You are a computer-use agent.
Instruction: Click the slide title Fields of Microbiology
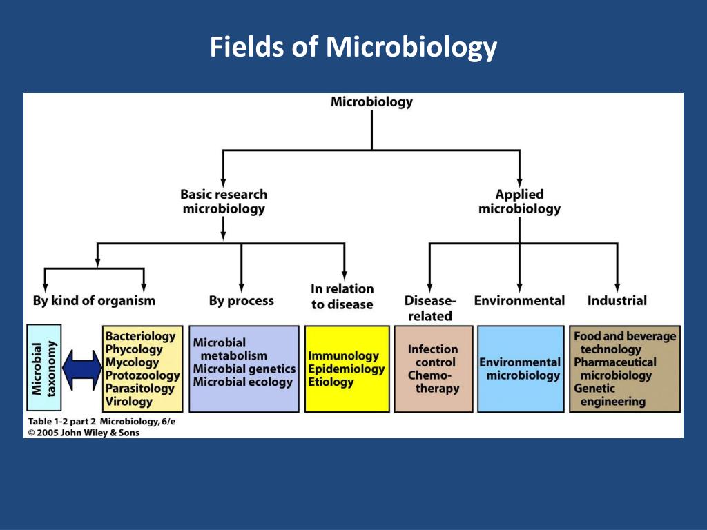353,48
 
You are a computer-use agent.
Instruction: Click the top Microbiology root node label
371,102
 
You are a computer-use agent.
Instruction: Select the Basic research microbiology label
224,202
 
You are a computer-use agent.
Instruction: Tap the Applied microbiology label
519,202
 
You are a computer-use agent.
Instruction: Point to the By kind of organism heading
94,301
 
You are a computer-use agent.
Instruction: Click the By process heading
241,301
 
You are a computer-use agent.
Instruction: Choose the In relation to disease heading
342,297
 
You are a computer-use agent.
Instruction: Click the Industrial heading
617,301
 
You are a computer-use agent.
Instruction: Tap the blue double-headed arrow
81,369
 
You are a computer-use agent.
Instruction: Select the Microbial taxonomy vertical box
43,369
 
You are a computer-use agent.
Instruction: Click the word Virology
129,402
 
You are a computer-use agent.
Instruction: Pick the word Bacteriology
140,336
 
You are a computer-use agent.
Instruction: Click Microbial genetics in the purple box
244,369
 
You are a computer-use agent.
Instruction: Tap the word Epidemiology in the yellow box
346,369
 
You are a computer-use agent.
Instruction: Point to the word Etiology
331,382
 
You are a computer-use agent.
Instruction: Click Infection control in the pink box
434,355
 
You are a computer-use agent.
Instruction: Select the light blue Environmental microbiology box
520,369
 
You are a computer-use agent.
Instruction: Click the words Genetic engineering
610,395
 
